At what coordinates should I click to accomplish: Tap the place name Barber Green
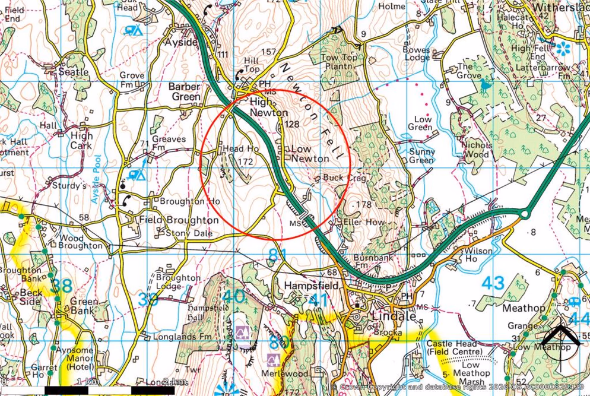click(185, 91)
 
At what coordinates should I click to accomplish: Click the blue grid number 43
click(493, 284)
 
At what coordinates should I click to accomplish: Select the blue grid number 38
click(61, 286)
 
